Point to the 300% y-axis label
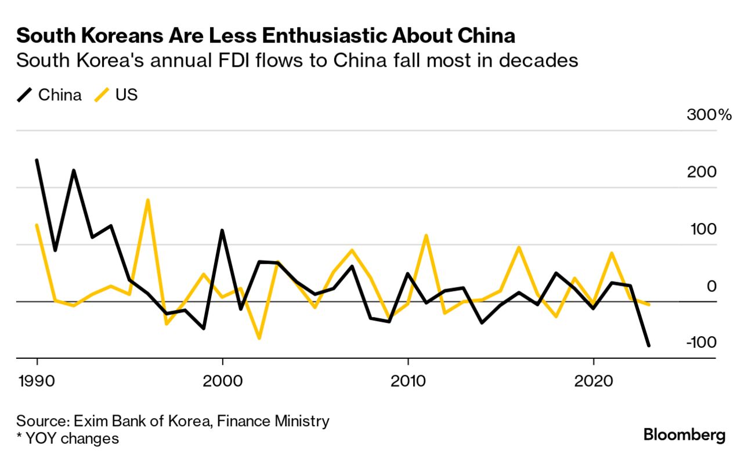pyautogui.click(x=709, y=114)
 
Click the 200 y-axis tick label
pyautogui.click(x=702, y=172)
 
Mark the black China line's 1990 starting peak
pyautogui.click(x=37, y=160)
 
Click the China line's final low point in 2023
pyautogui.click(x=648, y=345)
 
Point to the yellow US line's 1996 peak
pyautogui.click(x=149, y=200)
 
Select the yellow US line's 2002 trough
pyautogui.click(x=259, y=338)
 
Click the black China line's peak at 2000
pyautogui.click(x=222, y=231)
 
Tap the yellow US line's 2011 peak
pyautogui.click(x=427, y=236)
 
